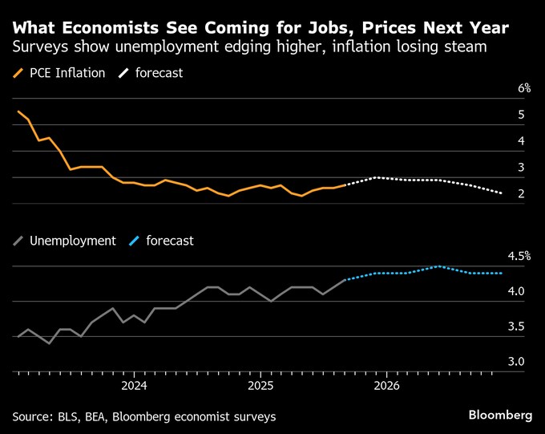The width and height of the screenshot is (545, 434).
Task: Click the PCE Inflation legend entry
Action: (x=67, y=73)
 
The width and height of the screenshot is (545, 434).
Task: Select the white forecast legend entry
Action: (x=159, y=73)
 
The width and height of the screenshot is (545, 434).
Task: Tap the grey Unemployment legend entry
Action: (x=72, y=241)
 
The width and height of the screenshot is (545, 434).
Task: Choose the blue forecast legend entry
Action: (x=169, y=241)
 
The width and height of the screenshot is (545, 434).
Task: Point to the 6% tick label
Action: (x=524, y=88)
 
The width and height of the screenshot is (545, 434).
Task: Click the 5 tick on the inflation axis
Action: (x=521, y=115)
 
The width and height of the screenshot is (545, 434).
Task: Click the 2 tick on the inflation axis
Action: (x=521, y=193)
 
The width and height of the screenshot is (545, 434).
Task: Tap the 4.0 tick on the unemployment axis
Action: (x=516, y=291)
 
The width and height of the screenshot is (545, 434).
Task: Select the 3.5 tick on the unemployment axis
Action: (x=516, y=327)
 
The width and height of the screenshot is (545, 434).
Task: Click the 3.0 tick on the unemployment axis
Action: (x=516, y=362)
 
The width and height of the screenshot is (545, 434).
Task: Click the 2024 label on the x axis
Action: (x=134, y=386)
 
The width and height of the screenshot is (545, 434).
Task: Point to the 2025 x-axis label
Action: (x=260, y=386)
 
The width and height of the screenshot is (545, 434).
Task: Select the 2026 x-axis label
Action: (x=387, y=386)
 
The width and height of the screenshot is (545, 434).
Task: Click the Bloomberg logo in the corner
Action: (x=500, y=415)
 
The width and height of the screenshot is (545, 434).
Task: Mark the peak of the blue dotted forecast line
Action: (x=438, y=266)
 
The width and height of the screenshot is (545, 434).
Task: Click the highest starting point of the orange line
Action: (x=18, y=112)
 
